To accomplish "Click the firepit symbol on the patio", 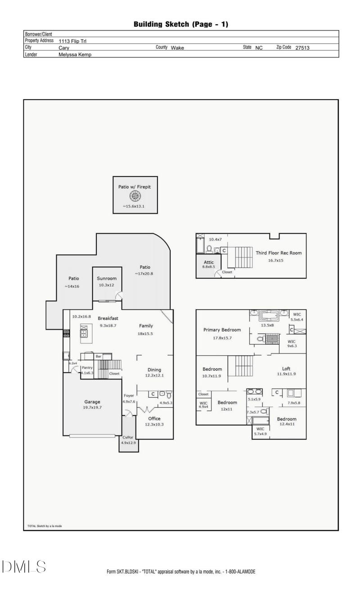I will (x=135, y=196).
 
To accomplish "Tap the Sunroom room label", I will (x=107, y=278).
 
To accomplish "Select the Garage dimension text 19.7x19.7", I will (x=92, y=408).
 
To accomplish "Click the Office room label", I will (x=154, y=418).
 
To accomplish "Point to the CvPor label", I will (x=128, y=437).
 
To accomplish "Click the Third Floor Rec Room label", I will (x=279, y=253).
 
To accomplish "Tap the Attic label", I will (x=208, y=262).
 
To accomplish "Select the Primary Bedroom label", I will (x=222, y=330).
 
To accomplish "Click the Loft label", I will (x=286, y=368).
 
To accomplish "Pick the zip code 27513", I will (x=302, y=48).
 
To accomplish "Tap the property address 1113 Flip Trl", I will (x=72, y=41).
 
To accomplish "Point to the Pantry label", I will (x=87, y=367).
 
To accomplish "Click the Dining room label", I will (x=154, y=370).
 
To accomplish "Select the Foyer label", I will (x=129, y=396).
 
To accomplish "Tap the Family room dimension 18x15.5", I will (x=145, y=333).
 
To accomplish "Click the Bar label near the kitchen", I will (x=99, y=356).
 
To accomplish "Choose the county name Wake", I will (x=177, y=48).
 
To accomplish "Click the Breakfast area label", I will (x=108, y=318).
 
